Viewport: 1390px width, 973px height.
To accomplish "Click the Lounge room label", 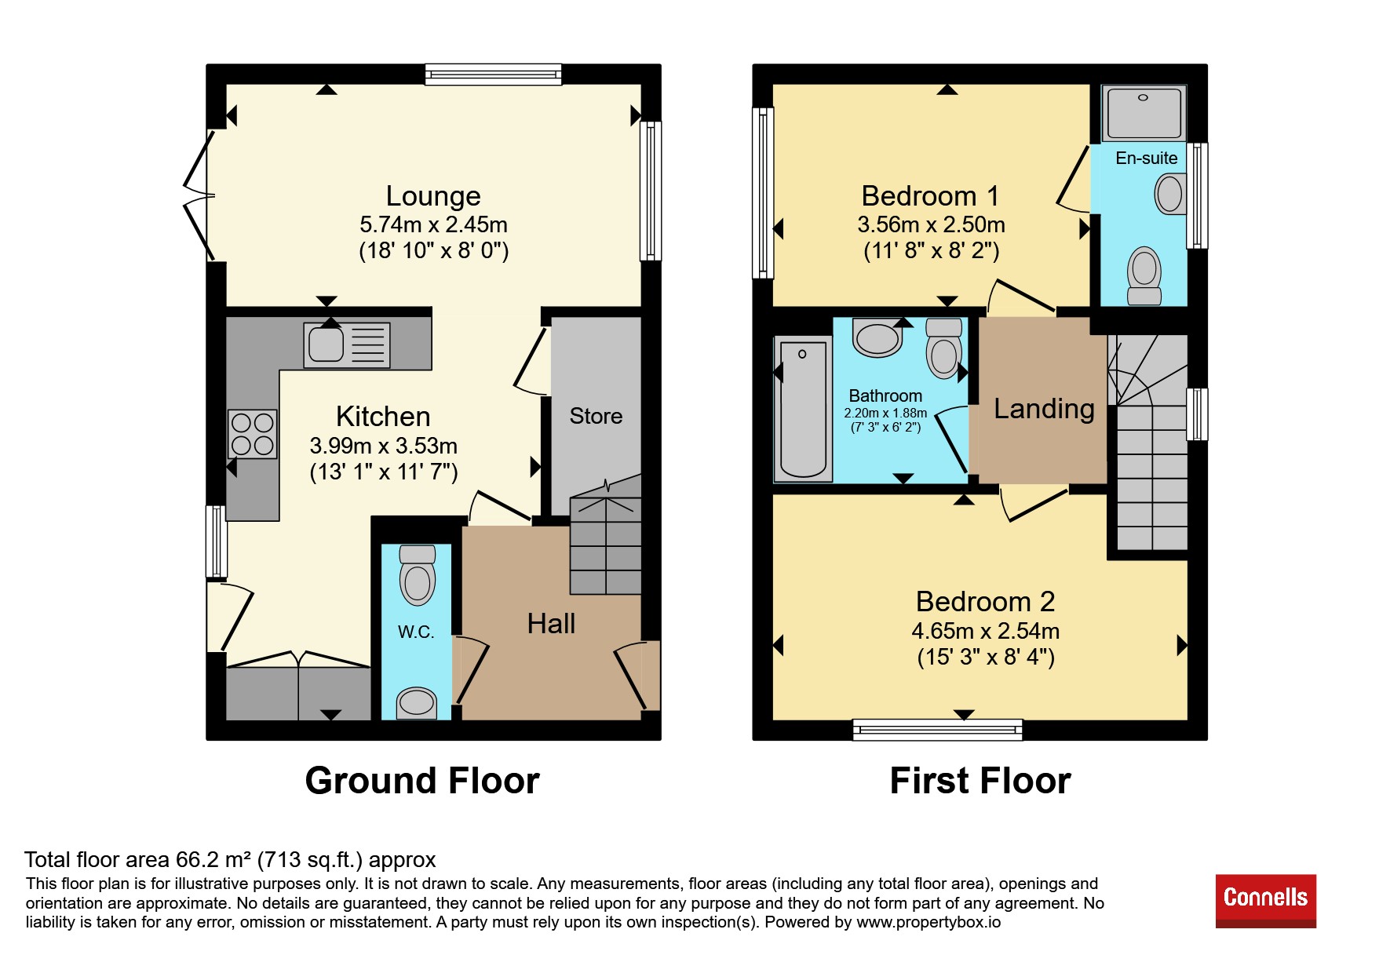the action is [x=433, y=196].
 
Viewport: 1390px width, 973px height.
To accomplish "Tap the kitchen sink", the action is [x=347, y=344].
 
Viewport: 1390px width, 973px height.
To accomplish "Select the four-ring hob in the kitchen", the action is [x=253, y=434].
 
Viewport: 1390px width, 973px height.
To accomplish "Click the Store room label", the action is [x=596, y=416].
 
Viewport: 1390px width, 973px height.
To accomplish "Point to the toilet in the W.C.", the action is [x=418, y=575].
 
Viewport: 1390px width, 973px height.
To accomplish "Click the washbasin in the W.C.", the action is [x=416, y=702].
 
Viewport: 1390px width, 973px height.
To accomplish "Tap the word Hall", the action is [x=551, y=624].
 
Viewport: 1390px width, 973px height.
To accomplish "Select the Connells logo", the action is [x=1266, y=901].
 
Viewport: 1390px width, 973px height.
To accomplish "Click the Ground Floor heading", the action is [x=422, y=781].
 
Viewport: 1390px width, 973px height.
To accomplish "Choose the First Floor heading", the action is [x=980, y=781].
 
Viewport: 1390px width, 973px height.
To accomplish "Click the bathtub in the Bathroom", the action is [x=803, y=409].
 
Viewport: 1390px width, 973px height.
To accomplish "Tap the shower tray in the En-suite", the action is [x=1144, y=113].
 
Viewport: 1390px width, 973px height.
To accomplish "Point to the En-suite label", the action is [x=1147, y=158].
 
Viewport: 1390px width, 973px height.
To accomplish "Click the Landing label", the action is [x=1044, y=409].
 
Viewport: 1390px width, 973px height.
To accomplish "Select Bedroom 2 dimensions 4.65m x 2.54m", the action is [x=986, y=631].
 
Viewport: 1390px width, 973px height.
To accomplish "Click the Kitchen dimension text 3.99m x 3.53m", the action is [x=384, y=446].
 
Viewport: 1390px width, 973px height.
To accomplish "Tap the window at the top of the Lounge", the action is [x=493, y=75].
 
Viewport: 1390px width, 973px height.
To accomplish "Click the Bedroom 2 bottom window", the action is [x=938, y=730].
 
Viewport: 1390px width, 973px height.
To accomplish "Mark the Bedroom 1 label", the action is [x=930, y=196].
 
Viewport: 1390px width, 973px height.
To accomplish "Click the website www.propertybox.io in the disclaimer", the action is [x=928, y=922].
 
